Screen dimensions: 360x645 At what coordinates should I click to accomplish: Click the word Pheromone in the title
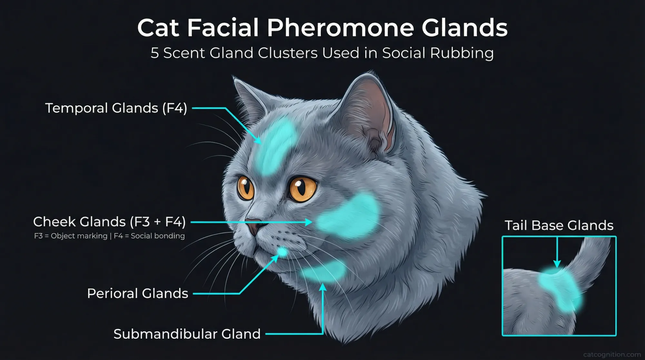coord(341,28)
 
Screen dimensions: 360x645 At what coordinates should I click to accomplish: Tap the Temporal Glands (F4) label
coord(116,108)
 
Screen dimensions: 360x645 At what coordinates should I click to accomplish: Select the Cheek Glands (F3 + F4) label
coord(109,222)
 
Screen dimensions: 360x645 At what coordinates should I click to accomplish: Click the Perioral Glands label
coord(138,294)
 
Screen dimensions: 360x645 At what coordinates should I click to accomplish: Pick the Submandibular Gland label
coord(187,334)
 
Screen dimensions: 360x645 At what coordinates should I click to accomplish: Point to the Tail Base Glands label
coord(559,225)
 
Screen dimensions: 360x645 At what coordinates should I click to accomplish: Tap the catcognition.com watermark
coord(612,355)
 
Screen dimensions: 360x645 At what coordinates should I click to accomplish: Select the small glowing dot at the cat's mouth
coord(283,252)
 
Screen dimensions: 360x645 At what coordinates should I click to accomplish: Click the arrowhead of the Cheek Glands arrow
coord(309,222)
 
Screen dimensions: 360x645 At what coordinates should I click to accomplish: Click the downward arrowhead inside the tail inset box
coord(557,264)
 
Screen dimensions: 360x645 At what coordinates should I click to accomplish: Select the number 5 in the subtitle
coord(155,53)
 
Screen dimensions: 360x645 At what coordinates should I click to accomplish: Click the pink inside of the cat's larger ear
coord(371,113)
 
